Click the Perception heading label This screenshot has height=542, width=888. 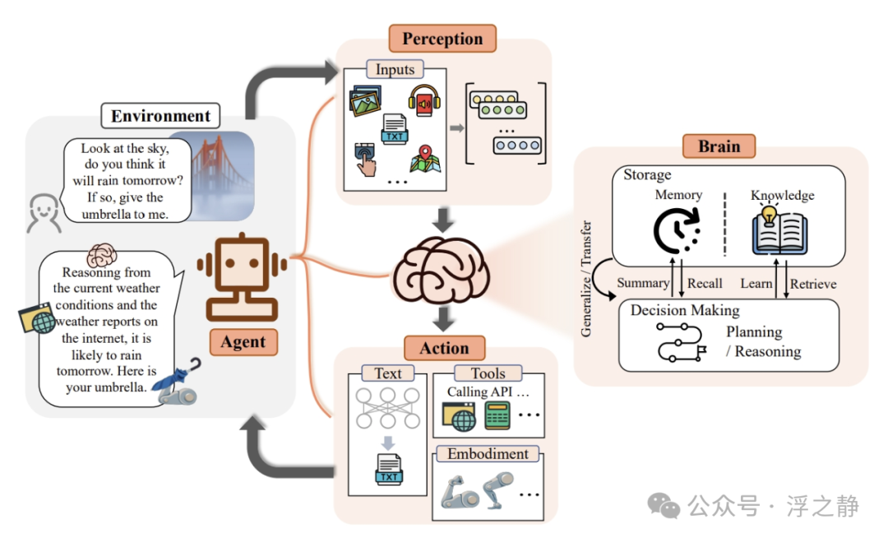[442, 39]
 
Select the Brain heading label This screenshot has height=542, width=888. [719, 146]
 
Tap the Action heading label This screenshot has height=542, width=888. [444, 348]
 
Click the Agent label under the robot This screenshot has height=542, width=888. [243, 341]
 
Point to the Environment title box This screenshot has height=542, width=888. [160, 116]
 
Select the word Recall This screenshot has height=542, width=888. [705, 283]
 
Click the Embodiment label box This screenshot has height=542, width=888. [488, 453]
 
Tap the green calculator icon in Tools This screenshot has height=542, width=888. [497, 415]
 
